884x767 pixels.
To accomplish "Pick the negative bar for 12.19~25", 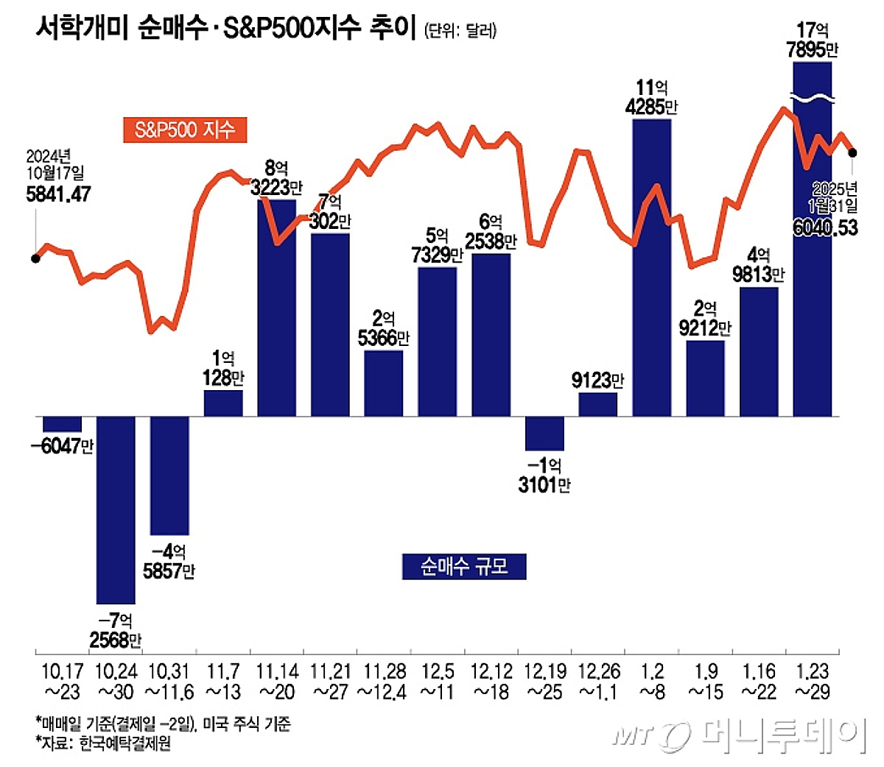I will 544,434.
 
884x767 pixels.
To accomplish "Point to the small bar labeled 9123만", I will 597,405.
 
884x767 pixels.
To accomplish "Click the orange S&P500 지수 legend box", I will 184,130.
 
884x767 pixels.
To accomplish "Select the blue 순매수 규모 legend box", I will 464,566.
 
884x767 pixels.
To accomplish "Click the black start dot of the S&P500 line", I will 35,258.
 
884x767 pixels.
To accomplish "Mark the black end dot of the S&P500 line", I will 853,152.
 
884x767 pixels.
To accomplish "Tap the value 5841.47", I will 58,194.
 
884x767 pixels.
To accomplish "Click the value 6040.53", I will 825,227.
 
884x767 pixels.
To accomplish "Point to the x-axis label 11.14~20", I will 277,682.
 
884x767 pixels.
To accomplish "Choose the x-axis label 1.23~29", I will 812,682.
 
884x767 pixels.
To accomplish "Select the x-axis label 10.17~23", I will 62,682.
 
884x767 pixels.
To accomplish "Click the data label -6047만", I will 62,445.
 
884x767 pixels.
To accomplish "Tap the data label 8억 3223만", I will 276,179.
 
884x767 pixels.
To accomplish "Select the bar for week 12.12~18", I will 491,335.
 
